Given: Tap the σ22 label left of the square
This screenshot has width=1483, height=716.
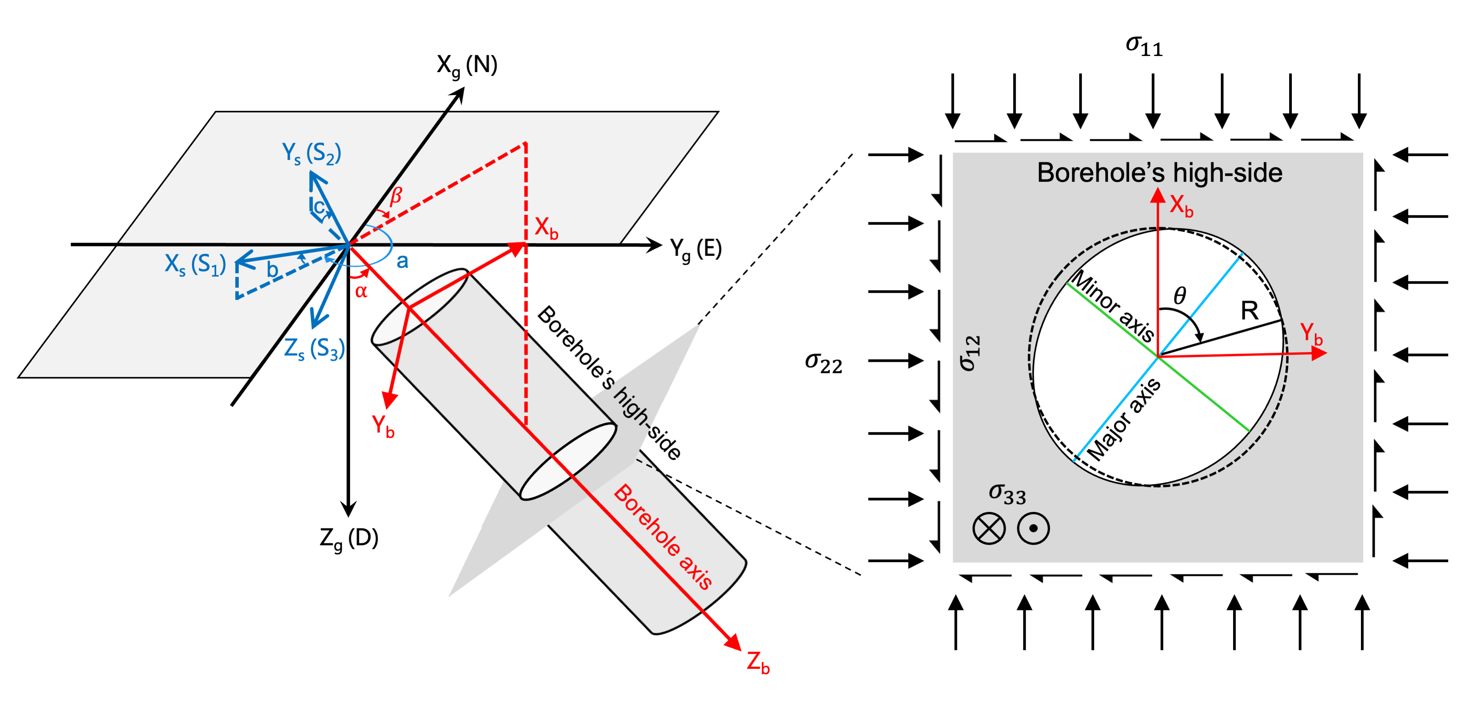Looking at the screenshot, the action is tap(823, 363).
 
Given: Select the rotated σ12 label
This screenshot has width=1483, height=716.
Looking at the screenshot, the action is tap(970, 353).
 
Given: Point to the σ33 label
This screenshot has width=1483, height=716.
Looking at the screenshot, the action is tap(1007, 494).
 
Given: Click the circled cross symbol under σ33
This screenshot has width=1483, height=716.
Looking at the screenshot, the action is tap(989, 528).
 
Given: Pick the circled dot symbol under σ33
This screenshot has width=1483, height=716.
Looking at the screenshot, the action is tap(1033, 528).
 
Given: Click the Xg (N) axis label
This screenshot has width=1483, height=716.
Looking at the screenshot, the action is tap(467, 66).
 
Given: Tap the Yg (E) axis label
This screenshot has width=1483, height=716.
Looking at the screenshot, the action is tap(696, 249).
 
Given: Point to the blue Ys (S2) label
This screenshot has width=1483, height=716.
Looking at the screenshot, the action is tap(311, 153).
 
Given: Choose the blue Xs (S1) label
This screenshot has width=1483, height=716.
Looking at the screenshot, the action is tap(195, 265).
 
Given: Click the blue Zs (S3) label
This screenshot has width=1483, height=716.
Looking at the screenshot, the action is tap(314, 349).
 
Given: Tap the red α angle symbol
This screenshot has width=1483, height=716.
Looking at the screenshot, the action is tap(361, 291).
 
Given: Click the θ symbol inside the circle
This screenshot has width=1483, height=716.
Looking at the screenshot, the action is tap(1180, 296).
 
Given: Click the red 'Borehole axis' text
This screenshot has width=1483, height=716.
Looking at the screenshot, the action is tap(663, 536).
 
